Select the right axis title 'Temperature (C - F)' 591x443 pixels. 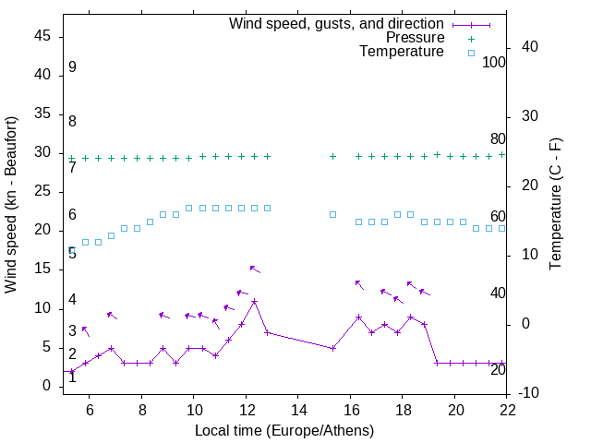point(555,205)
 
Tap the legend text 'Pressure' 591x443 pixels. point(415,38)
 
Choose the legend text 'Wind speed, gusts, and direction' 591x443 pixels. point(336,24)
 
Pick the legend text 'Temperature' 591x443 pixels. point(402,52)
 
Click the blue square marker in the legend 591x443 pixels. point(471,53)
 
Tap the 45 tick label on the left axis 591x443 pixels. point(42,36)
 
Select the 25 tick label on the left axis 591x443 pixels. point(42,192)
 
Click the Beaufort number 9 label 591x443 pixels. point(72,68)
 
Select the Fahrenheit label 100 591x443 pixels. point(494,63)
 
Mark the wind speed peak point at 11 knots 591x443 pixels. point(254,301)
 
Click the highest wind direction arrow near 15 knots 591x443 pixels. point(254,269)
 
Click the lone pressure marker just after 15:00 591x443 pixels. point(332,157)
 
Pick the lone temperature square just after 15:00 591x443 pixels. point(332,214)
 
